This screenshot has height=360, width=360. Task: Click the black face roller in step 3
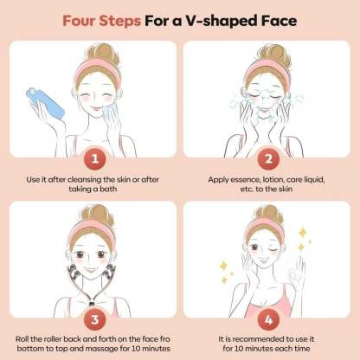point(74,273)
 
